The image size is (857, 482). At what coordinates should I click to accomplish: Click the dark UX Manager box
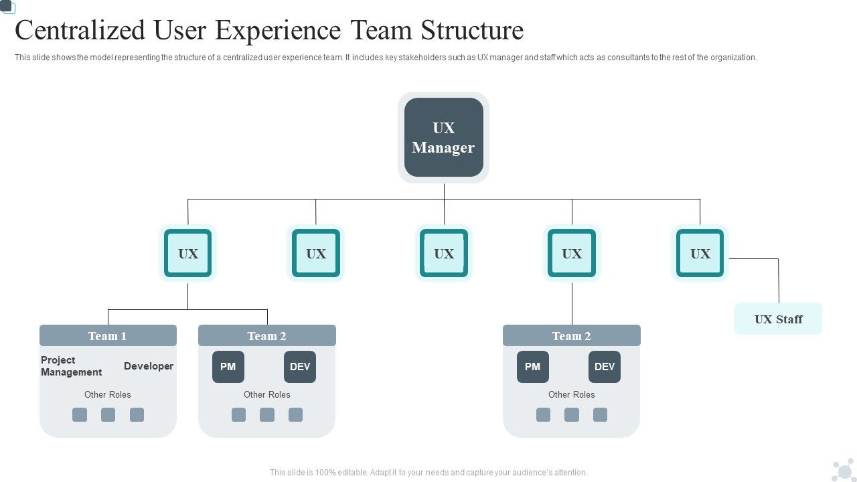tap(443, 137)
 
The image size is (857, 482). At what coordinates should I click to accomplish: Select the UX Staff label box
tap(778, 319)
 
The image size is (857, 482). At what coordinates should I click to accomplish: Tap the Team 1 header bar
tap(108, 335)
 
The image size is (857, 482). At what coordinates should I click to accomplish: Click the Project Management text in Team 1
tap(71, 366)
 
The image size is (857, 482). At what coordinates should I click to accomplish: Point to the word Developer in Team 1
tap(149, 366)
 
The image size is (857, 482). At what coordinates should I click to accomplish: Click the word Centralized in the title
tap(80, 31)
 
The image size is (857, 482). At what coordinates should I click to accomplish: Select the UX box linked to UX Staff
tap(700, 253)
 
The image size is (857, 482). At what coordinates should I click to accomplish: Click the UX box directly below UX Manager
tap(444, 253)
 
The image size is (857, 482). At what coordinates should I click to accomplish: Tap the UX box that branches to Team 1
tap(188, 253)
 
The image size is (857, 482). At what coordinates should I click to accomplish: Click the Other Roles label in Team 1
tap(108, 394)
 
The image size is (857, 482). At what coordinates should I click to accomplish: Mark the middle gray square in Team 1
tap(108, 415)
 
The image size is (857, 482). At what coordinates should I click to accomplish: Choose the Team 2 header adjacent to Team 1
tap(266, 335)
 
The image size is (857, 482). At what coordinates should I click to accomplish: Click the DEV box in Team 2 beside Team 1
tap(300, 367)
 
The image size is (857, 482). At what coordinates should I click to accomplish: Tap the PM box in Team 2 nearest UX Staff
tap(532, 367)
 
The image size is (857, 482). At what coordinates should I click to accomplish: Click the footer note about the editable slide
tap(428, 473)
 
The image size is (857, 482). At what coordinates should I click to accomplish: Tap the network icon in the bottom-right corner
tap(842, 470)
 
